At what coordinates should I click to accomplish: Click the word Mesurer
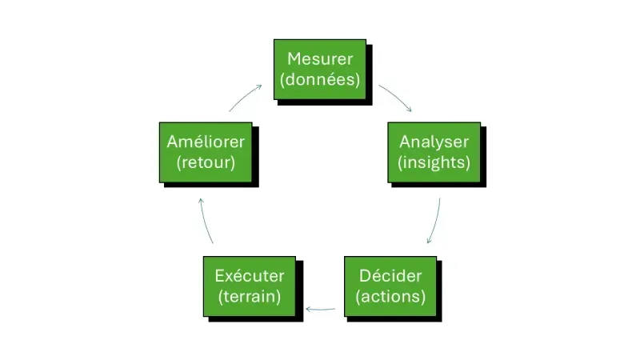320,59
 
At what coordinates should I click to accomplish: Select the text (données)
320,79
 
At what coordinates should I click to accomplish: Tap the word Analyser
434,142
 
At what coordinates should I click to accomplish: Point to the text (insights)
434,162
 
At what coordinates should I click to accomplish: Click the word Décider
390,277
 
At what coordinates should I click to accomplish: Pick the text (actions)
390,297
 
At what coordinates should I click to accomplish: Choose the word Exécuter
250,277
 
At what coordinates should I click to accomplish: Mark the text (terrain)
250,297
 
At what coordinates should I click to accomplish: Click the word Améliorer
206,142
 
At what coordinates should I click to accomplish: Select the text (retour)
206,162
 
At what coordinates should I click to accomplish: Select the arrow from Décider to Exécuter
321,308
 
